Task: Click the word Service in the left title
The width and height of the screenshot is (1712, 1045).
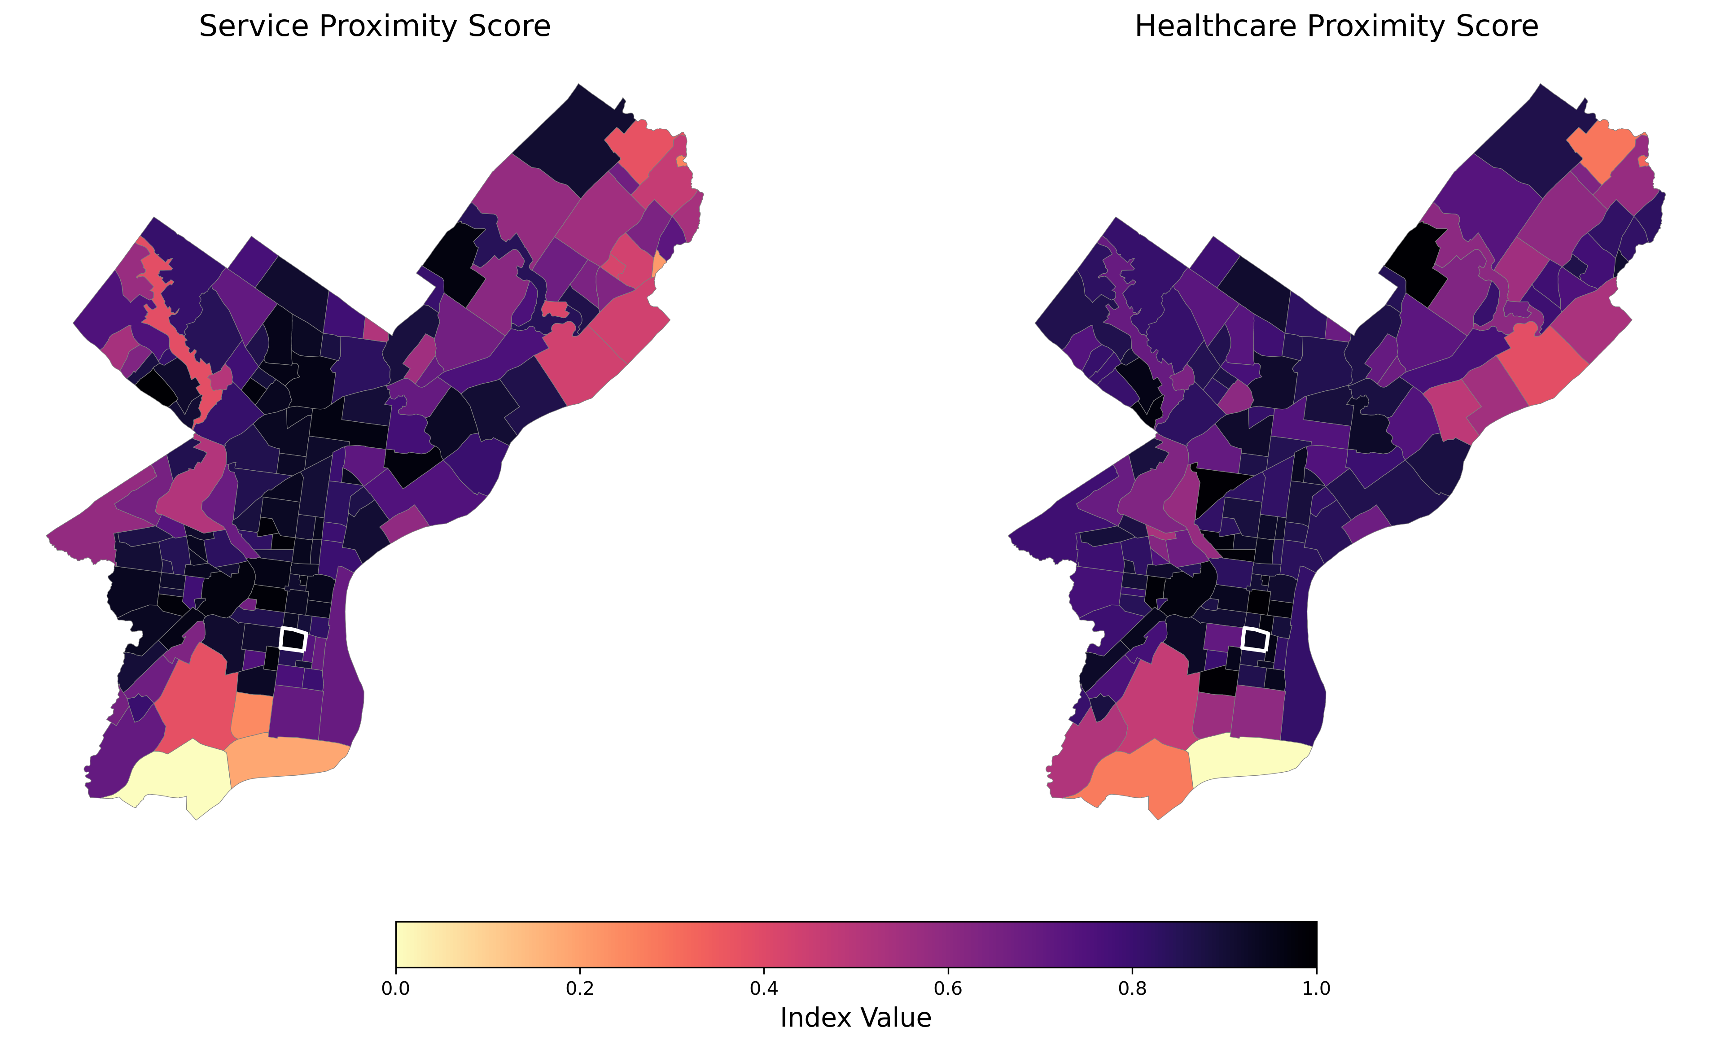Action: [254, 26]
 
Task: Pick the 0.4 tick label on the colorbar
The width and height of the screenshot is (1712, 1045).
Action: [764, 988]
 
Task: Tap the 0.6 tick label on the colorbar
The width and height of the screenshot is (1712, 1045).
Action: [948, 988]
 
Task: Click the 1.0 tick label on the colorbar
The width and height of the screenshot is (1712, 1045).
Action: [1316, 988]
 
